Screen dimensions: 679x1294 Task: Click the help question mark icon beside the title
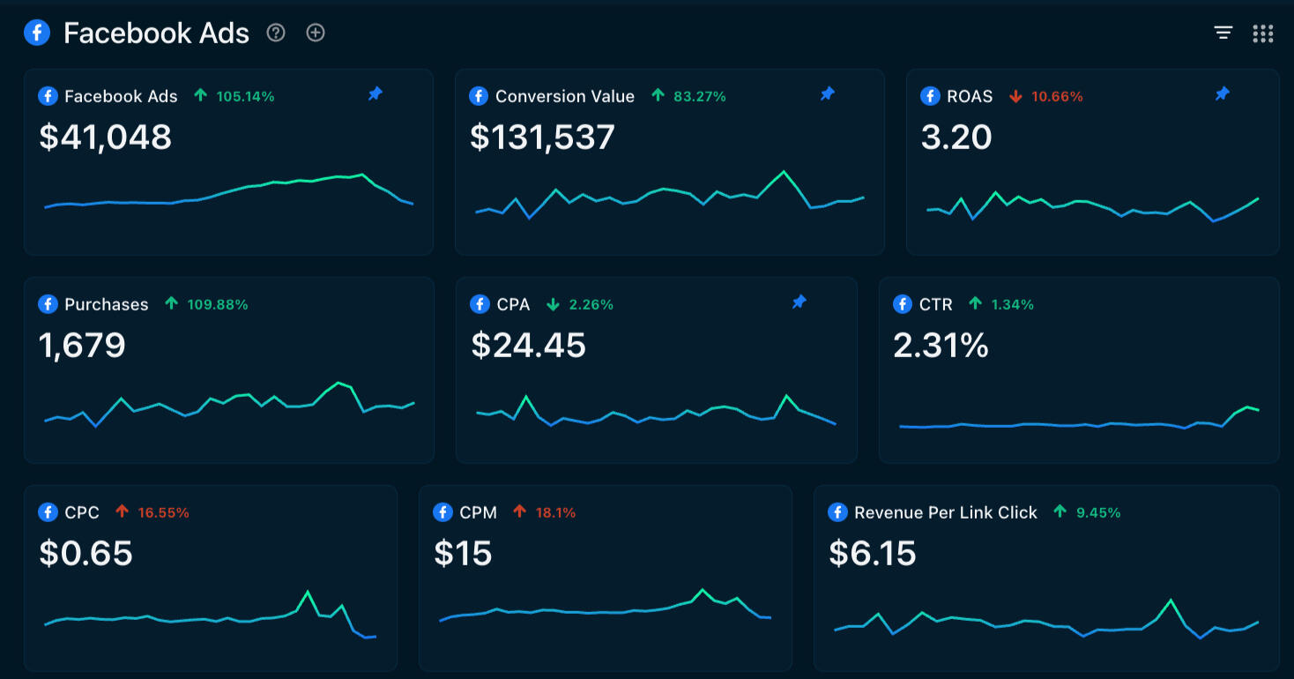[276, 34]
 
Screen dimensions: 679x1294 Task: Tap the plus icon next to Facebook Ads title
[316, 34]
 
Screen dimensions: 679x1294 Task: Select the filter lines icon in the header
[1223, 34]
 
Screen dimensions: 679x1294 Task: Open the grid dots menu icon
[1263, 34]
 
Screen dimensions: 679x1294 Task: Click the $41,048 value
[106, 137]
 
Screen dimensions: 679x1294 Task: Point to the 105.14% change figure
[245, 96]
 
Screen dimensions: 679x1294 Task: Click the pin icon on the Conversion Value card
[827, 93]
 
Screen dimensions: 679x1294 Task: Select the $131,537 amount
[542, 137]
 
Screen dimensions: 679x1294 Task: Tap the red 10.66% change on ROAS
[1057, 96]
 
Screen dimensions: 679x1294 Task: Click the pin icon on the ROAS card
[1222, 93]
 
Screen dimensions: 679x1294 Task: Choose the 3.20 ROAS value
[956, 137]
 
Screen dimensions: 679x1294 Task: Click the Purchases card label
[106, 304]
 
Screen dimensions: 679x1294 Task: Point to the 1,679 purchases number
[83, 345]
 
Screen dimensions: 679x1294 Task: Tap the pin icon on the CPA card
[799, 302]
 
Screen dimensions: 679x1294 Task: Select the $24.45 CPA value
[528, 345]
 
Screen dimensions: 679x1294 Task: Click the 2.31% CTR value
[941, 345]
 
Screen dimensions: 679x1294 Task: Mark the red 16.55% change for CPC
[163, 512]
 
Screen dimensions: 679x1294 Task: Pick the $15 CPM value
[463, 553]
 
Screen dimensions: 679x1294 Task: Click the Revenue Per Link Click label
[946, 512]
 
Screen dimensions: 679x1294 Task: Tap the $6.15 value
[873, 553]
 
